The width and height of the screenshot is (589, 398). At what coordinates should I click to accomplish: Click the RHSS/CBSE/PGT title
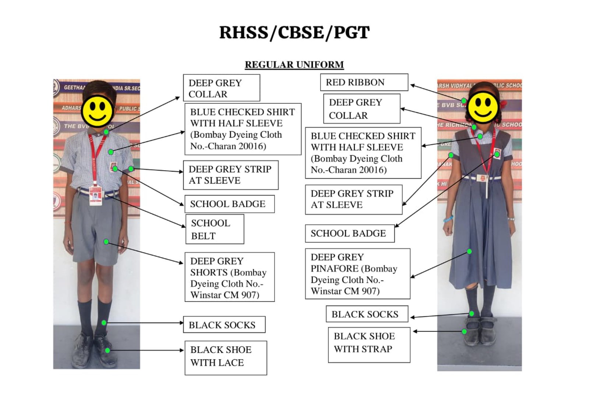coord(294,32)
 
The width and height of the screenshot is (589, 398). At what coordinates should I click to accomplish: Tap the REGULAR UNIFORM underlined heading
coord(294,65)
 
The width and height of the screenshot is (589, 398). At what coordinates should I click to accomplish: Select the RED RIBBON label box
coord(364,82)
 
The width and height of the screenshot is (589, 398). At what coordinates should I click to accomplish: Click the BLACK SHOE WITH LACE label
coord(225,358)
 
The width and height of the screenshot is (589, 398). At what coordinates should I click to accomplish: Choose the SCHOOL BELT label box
coord(215,229)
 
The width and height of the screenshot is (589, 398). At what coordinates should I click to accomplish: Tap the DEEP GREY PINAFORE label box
coord(357,274)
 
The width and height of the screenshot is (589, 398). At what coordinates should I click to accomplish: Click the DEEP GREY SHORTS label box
coord(229,277)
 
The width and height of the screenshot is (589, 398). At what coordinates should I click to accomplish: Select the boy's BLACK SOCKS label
coord(224,325)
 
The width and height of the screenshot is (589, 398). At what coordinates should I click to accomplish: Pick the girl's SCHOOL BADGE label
coord(349,233)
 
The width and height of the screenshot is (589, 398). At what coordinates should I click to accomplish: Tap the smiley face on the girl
coord(483,107)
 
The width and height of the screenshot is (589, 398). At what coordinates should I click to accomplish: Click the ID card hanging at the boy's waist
coord(95,195)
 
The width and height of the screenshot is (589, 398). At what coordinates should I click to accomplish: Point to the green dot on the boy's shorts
coord(106,242)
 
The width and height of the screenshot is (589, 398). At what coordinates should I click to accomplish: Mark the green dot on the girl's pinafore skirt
coord(469,252)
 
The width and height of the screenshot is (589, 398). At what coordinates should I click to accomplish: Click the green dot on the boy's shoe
coord(107,351)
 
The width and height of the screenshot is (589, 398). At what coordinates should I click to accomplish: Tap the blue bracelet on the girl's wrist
coord(448,219)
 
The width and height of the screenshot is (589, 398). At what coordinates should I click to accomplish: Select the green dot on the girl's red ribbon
coord(464,100)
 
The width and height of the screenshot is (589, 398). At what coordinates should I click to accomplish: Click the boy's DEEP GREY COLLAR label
coord(221,88)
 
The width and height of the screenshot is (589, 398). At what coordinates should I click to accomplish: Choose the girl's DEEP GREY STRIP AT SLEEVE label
coord(353,199)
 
